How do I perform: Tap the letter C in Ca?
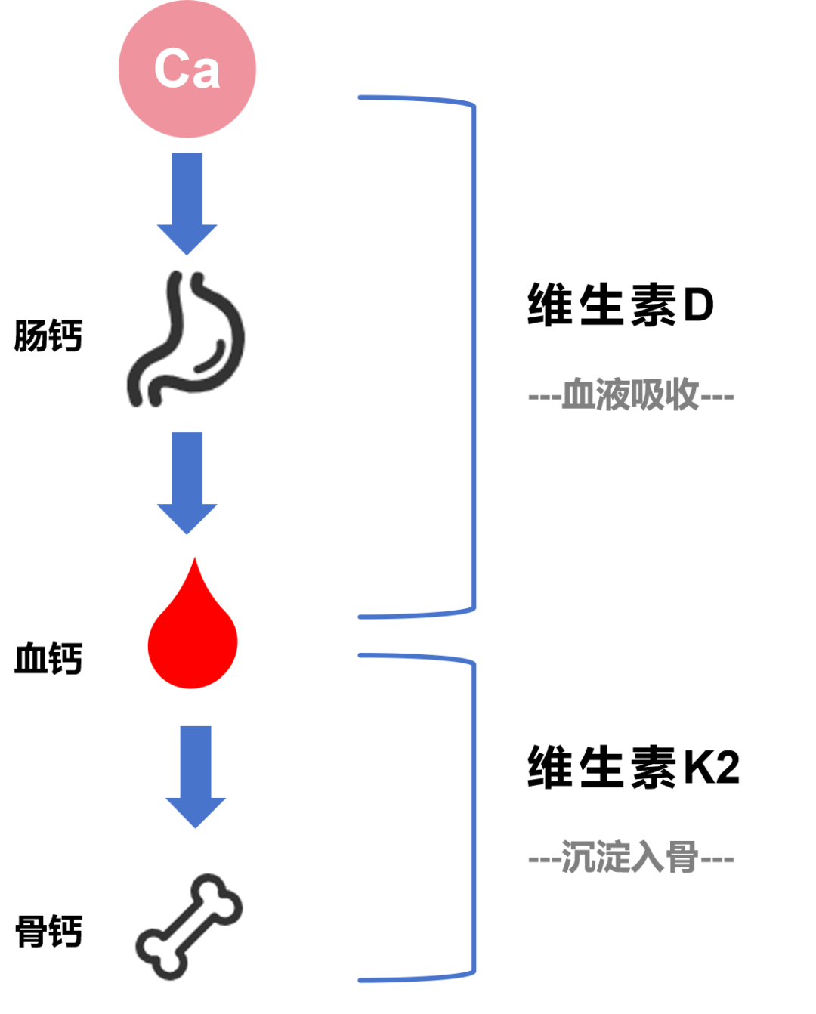[172, 69]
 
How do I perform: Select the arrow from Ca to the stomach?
[187, 200]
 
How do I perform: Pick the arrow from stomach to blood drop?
[187, 481]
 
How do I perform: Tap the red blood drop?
[193, 638]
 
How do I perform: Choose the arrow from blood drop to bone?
[196, 774]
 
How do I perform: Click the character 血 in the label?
[579, 395]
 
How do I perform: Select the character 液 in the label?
[613, 395]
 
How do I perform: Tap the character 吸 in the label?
[648, 395]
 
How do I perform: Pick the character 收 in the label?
[682, 395]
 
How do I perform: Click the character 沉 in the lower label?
[579, 858]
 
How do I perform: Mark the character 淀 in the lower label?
[613, 858]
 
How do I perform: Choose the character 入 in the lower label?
[648, 858]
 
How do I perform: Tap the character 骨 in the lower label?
[682, 858]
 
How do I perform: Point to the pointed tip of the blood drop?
[195, 560]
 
